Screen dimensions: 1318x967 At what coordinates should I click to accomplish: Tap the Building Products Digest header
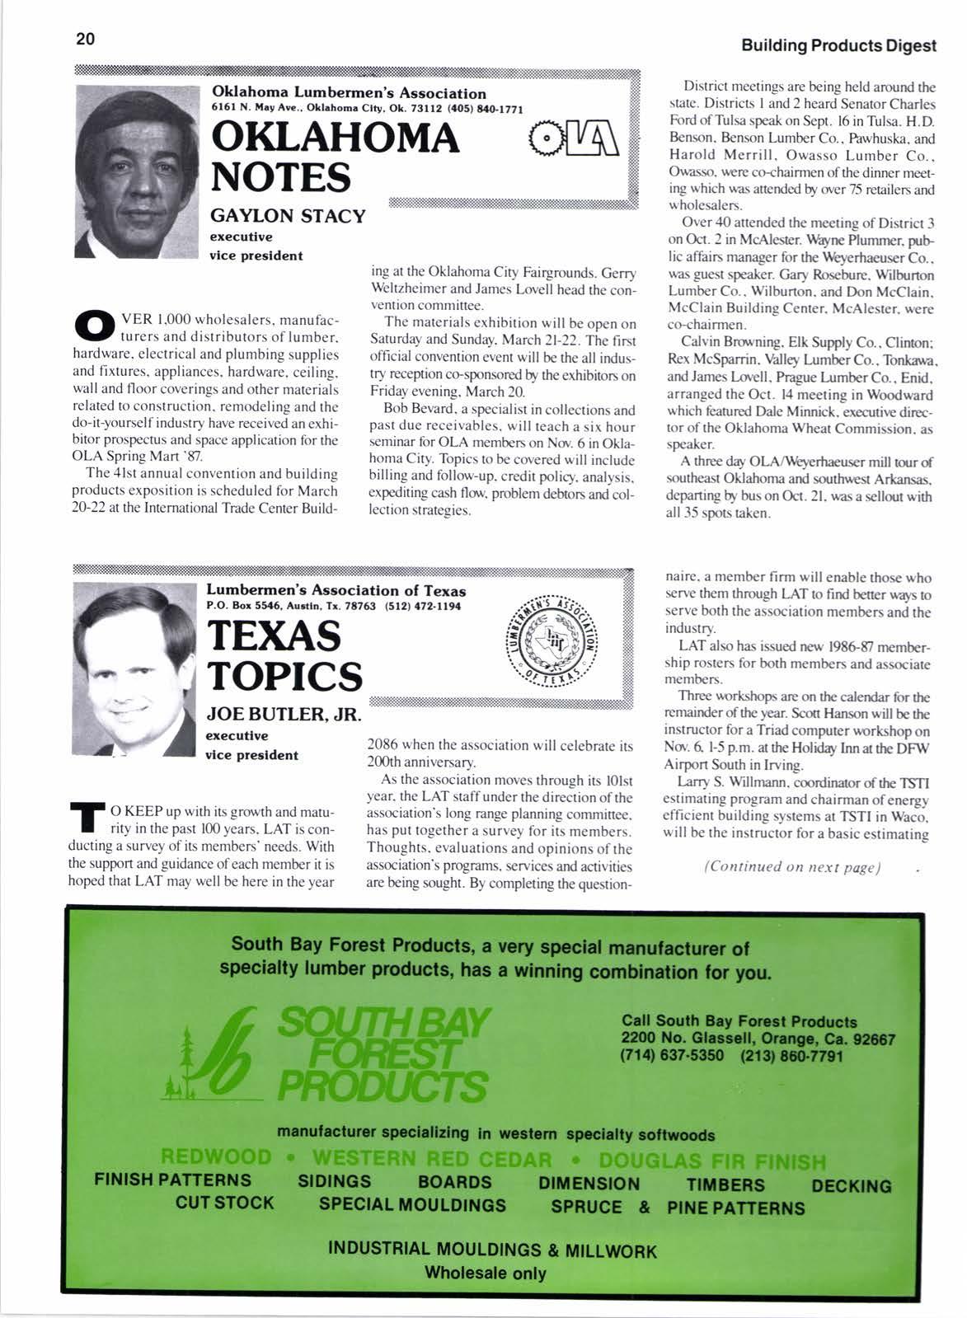pos(838,45)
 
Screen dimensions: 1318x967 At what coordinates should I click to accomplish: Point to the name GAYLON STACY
pos(288,216)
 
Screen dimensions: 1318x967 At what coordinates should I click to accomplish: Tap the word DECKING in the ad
pos(851,1186)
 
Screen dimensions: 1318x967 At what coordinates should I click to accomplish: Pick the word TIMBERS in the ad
pos(725,1185)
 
